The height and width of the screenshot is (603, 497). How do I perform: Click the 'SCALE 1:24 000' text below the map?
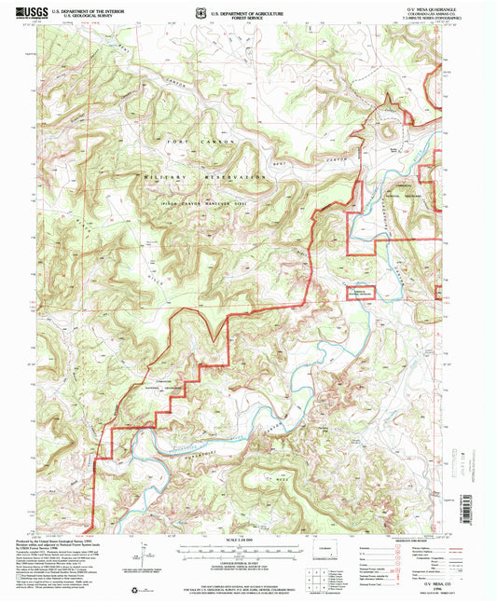[248, 542]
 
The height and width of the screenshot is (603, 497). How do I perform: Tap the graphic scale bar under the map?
[248, 552]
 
